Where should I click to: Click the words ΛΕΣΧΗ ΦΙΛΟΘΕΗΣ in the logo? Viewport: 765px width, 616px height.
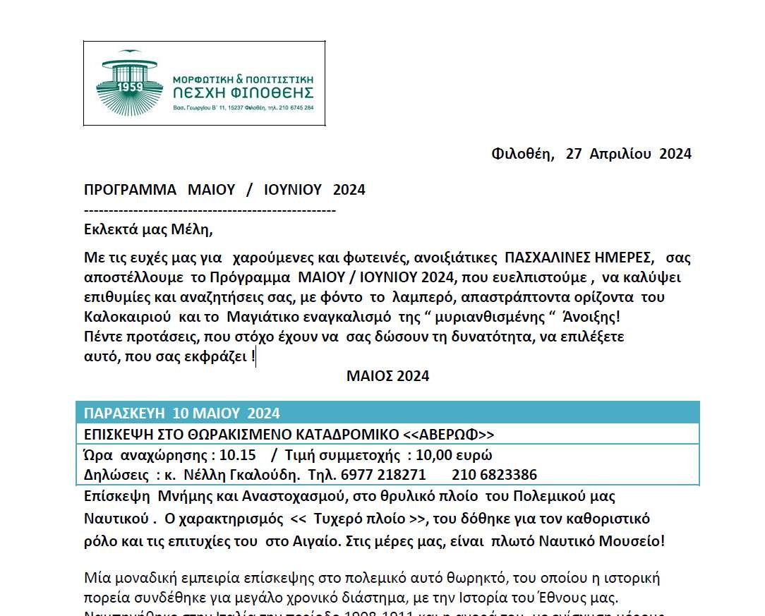tap(243, 93)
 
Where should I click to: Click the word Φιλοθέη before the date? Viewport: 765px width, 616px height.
tap(522, 154)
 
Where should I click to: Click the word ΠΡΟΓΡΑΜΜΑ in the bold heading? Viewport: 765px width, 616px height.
tap(130, 190)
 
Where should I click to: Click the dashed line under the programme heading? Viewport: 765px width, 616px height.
tap(210, 210)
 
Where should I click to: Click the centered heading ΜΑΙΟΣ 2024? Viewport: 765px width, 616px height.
tap(387, 376)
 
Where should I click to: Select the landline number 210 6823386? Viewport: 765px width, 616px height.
tap(494, 475)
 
